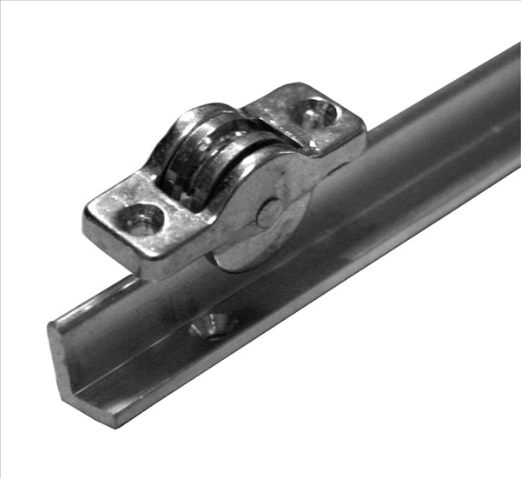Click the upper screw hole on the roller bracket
click(x=315, y=113)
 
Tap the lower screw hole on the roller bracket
click(x=141, y=218)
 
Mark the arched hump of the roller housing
click(x=200, y=122)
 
